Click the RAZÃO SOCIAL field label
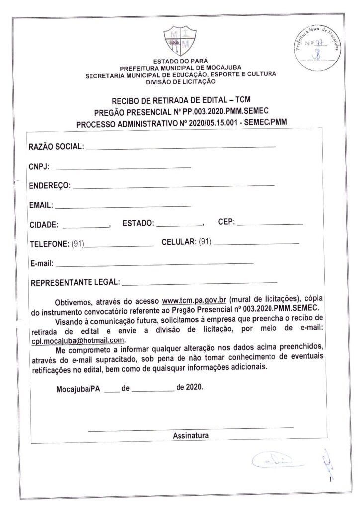pyautogui.click(x=57, y=147)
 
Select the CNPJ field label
pyautogui.click(x=39, y=167)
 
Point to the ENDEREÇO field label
pyautogui.click(x=50, y=186)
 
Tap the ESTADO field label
pyautogui.click(x=138, y=224)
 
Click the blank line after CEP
pyautogui.click(x=270, y=224)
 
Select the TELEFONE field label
pyautogui.click(x=49, y=244)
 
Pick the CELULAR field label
pyautogui.click(x=179, y=242)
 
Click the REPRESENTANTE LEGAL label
pyautogui.click(x=75, y=283)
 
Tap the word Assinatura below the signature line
pyautogui.click(x=190, y=436)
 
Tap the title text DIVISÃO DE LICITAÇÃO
pyautogui.click(x=180, y=81)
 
